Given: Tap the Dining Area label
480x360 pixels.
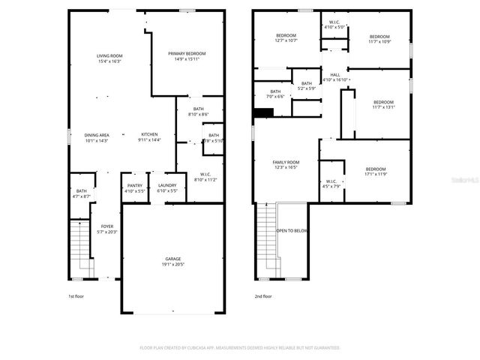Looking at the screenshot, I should [97, 137].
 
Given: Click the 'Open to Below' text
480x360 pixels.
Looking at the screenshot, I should [292, 231].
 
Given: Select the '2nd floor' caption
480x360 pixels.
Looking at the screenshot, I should [262, 296].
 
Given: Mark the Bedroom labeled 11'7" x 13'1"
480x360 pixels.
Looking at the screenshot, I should [383, 104].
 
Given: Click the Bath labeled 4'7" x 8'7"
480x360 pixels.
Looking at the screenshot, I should [82, 193].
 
